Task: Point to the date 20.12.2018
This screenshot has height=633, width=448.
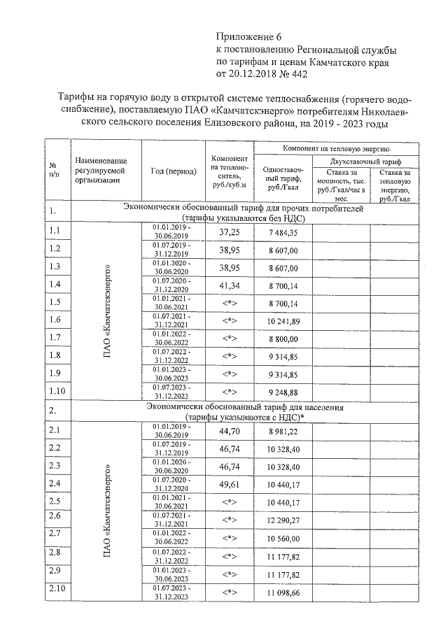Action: point(256,73)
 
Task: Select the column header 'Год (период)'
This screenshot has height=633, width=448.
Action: point(173,171)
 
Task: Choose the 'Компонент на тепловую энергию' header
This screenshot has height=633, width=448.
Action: point(340,148)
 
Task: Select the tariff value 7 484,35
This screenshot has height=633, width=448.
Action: point(283,232)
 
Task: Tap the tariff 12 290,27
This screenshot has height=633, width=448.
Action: point(283,521)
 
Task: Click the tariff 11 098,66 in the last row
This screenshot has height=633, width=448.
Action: point(283,592)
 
